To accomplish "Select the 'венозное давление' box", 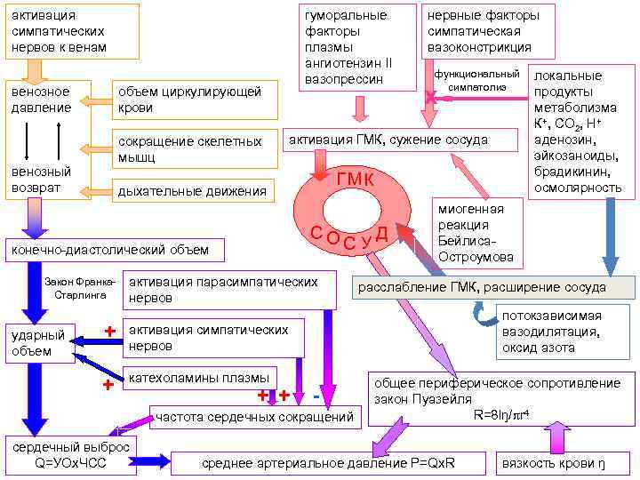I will (x=41, y=99).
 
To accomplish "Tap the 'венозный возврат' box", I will (x=41, y=179).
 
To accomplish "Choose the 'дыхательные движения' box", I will (x=191, y=190).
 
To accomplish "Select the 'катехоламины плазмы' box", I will (x=201, y=378).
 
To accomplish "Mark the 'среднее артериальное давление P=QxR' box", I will (x=329, y=463).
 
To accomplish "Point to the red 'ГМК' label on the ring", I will (x=355, y=181).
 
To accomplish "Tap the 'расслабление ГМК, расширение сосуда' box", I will (x=494, y=287).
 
